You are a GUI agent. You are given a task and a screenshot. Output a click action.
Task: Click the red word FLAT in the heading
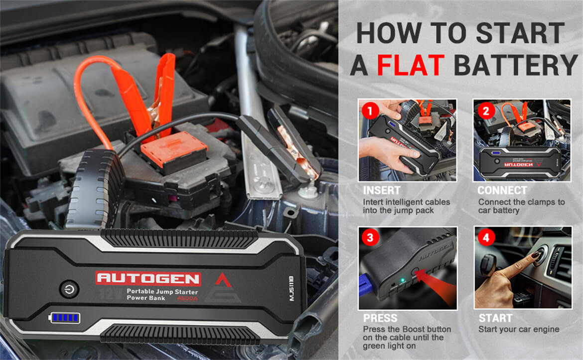tap(410, 65)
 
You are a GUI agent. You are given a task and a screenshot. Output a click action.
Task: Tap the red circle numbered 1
tap(369, 111)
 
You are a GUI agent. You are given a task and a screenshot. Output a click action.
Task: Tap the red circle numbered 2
tap(486, 111)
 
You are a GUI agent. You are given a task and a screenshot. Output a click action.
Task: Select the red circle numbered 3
tap(370, 238)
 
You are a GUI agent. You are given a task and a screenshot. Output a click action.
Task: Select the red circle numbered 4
tap(486, 238)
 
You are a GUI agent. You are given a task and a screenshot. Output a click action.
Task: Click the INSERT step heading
tap(382, 191)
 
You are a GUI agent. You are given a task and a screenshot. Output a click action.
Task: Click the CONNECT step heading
tap(502, 191)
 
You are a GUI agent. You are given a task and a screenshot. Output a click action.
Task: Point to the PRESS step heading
tap(380, 318)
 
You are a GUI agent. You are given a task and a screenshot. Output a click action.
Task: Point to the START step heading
tap(495, 318)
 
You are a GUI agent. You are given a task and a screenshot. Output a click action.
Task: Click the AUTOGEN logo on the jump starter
tap(148, 278)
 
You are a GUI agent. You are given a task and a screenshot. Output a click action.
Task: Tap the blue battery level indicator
tap(65, 318)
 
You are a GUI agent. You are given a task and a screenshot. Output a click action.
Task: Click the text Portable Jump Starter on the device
tap(162, 291)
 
